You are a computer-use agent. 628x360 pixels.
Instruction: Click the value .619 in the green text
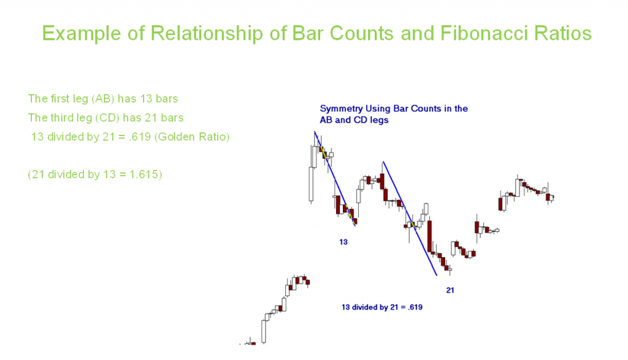(x=140, y=137)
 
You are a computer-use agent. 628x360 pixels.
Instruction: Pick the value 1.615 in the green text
(x=144, y=175)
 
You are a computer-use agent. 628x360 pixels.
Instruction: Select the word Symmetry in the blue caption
(x=341, y=109)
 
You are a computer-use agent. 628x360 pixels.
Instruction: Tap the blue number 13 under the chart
(x=343, y=242)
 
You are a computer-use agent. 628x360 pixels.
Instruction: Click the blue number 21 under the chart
(x=450, y=290)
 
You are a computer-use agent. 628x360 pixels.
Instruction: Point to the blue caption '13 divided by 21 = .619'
(x=381, y=307)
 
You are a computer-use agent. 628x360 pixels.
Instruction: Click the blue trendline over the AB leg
(x=335, y=178)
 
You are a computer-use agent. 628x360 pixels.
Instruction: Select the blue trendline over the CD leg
(x=410, y=218)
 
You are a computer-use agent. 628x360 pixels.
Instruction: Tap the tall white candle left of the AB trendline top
(x=311, y=184)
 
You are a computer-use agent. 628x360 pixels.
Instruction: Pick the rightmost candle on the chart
(x=551, y=197)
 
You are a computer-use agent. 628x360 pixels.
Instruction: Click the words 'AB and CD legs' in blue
(x=354, y=120)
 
